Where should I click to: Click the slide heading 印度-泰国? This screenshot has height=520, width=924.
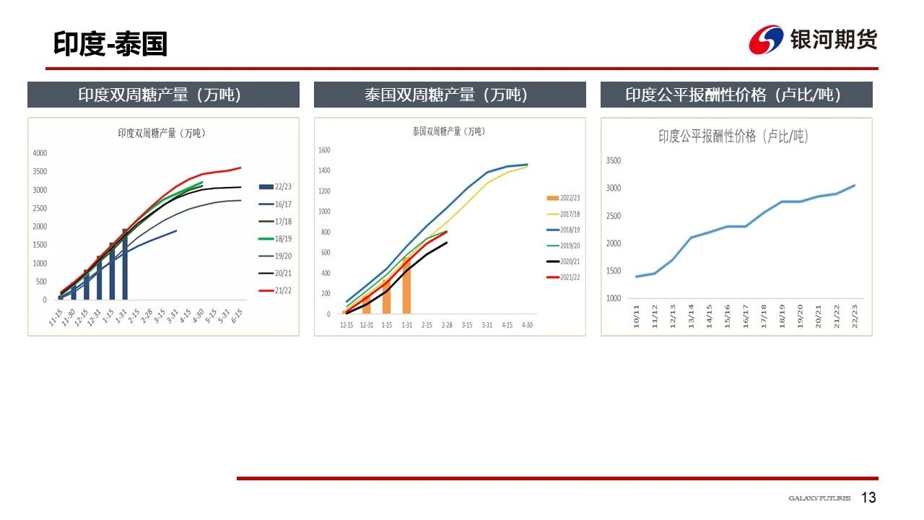click(110, 44)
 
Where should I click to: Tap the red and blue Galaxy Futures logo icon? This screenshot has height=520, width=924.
click(766, 40)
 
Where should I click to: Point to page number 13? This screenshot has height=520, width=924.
click(868, 498)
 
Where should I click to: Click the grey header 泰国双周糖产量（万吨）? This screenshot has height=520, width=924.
click(449, 95)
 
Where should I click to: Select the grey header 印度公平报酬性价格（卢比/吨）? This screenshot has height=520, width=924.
click(736, 95)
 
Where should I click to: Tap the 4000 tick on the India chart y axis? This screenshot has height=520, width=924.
click(40, 153)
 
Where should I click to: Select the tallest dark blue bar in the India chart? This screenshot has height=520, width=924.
click(125, 264)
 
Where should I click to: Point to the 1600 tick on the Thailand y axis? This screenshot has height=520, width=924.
click(324, 150)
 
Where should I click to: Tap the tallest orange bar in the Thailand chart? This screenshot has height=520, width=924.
click(406, 285)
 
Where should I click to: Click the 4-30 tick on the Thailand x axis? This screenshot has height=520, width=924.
click(528, 325)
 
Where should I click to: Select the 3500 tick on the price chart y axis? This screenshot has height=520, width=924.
click(613, 160)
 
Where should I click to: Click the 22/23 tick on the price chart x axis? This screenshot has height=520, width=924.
click(855, 316)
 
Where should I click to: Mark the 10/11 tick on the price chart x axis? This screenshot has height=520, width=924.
click(637, 316)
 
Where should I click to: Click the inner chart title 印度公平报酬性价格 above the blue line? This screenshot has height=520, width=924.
click(732, 136)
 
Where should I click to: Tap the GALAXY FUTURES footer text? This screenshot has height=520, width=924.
click(819, 498)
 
